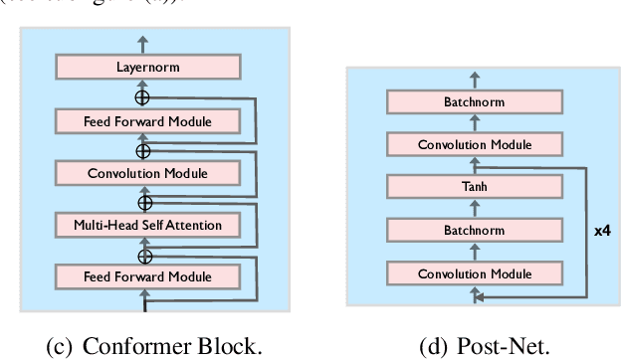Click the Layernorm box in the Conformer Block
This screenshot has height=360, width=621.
(147, 68)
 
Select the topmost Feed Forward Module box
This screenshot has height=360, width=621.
(147, 121)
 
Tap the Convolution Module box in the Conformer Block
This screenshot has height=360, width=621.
(147, 173)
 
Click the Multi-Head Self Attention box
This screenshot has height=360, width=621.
(147, 225)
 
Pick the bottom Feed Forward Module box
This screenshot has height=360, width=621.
(147, 275)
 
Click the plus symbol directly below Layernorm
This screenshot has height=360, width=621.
(142, 96)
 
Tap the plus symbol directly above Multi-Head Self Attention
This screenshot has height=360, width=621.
(142, 201)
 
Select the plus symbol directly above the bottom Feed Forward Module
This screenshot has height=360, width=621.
(142, 252)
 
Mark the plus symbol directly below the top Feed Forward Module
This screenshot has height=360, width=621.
(142, 149)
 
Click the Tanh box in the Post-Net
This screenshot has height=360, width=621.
(473, 187)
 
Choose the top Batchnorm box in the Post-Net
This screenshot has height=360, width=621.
(473, 101)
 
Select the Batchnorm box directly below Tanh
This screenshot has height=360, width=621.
(473, 230)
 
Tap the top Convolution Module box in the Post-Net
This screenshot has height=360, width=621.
(473, 144)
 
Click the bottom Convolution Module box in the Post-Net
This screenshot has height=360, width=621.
(473, 273)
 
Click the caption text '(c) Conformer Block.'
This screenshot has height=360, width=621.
(154, 346)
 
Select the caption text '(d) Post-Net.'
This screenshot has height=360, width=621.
(473, 346)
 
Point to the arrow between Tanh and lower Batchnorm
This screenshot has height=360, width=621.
(473, 209)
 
